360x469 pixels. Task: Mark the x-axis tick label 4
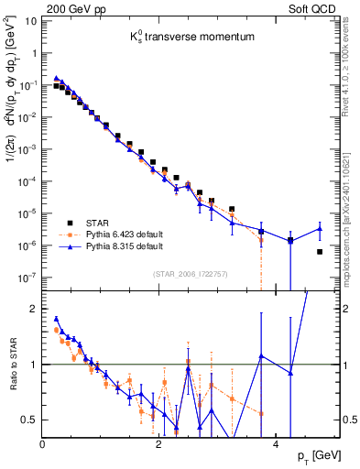[276, 444]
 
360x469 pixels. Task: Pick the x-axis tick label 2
[159, 444]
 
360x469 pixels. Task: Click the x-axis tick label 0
[43, 444]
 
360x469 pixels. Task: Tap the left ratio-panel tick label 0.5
[30, 420]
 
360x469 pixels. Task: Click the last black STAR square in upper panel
[319, 252]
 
